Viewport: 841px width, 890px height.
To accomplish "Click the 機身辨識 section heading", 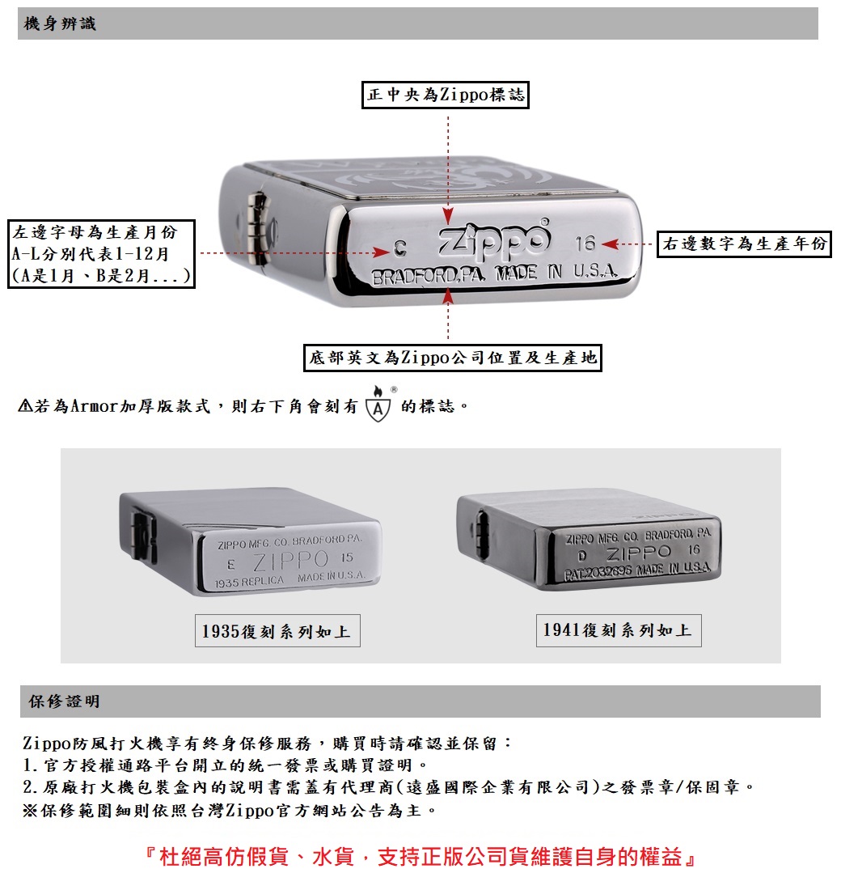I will click(x=61, y=24).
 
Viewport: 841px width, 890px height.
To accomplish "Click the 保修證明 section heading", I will click(x=65, y=701).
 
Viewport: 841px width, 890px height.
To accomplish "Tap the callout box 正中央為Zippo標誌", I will click(x=446, y=95).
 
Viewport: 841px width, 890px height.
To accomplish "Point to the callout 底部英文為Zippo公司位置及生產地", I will click(x=453, y=357).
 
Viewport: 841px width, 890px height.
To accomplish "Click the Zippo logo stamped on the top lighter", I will click(x=494, y=241).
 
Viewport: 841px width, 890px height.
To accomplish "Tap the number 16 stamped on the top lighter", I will click(x=585, y=244).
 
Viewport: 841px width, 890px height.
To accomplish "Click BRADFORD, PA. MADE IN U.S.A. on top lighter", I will click(x=494, y=275).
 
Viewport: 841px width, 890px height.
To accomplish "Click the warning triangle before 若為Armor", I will click(x=25, y=405).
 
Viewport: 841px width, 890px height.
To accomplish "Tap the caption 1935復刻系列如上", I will click(x=277, y=631).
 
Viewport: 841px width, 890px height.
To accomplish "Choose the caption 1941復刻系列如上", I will click(x=618, y=630).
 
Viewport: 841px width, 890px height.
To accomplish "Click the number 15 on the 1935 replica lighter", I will click(x=348, y=558).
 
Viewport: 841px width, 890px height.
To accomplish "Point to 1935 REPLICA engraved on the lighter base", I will click(x=251, y=581).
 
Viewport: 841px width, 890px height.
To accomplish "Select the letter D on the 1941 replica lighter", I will click(x=583, y=556).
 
